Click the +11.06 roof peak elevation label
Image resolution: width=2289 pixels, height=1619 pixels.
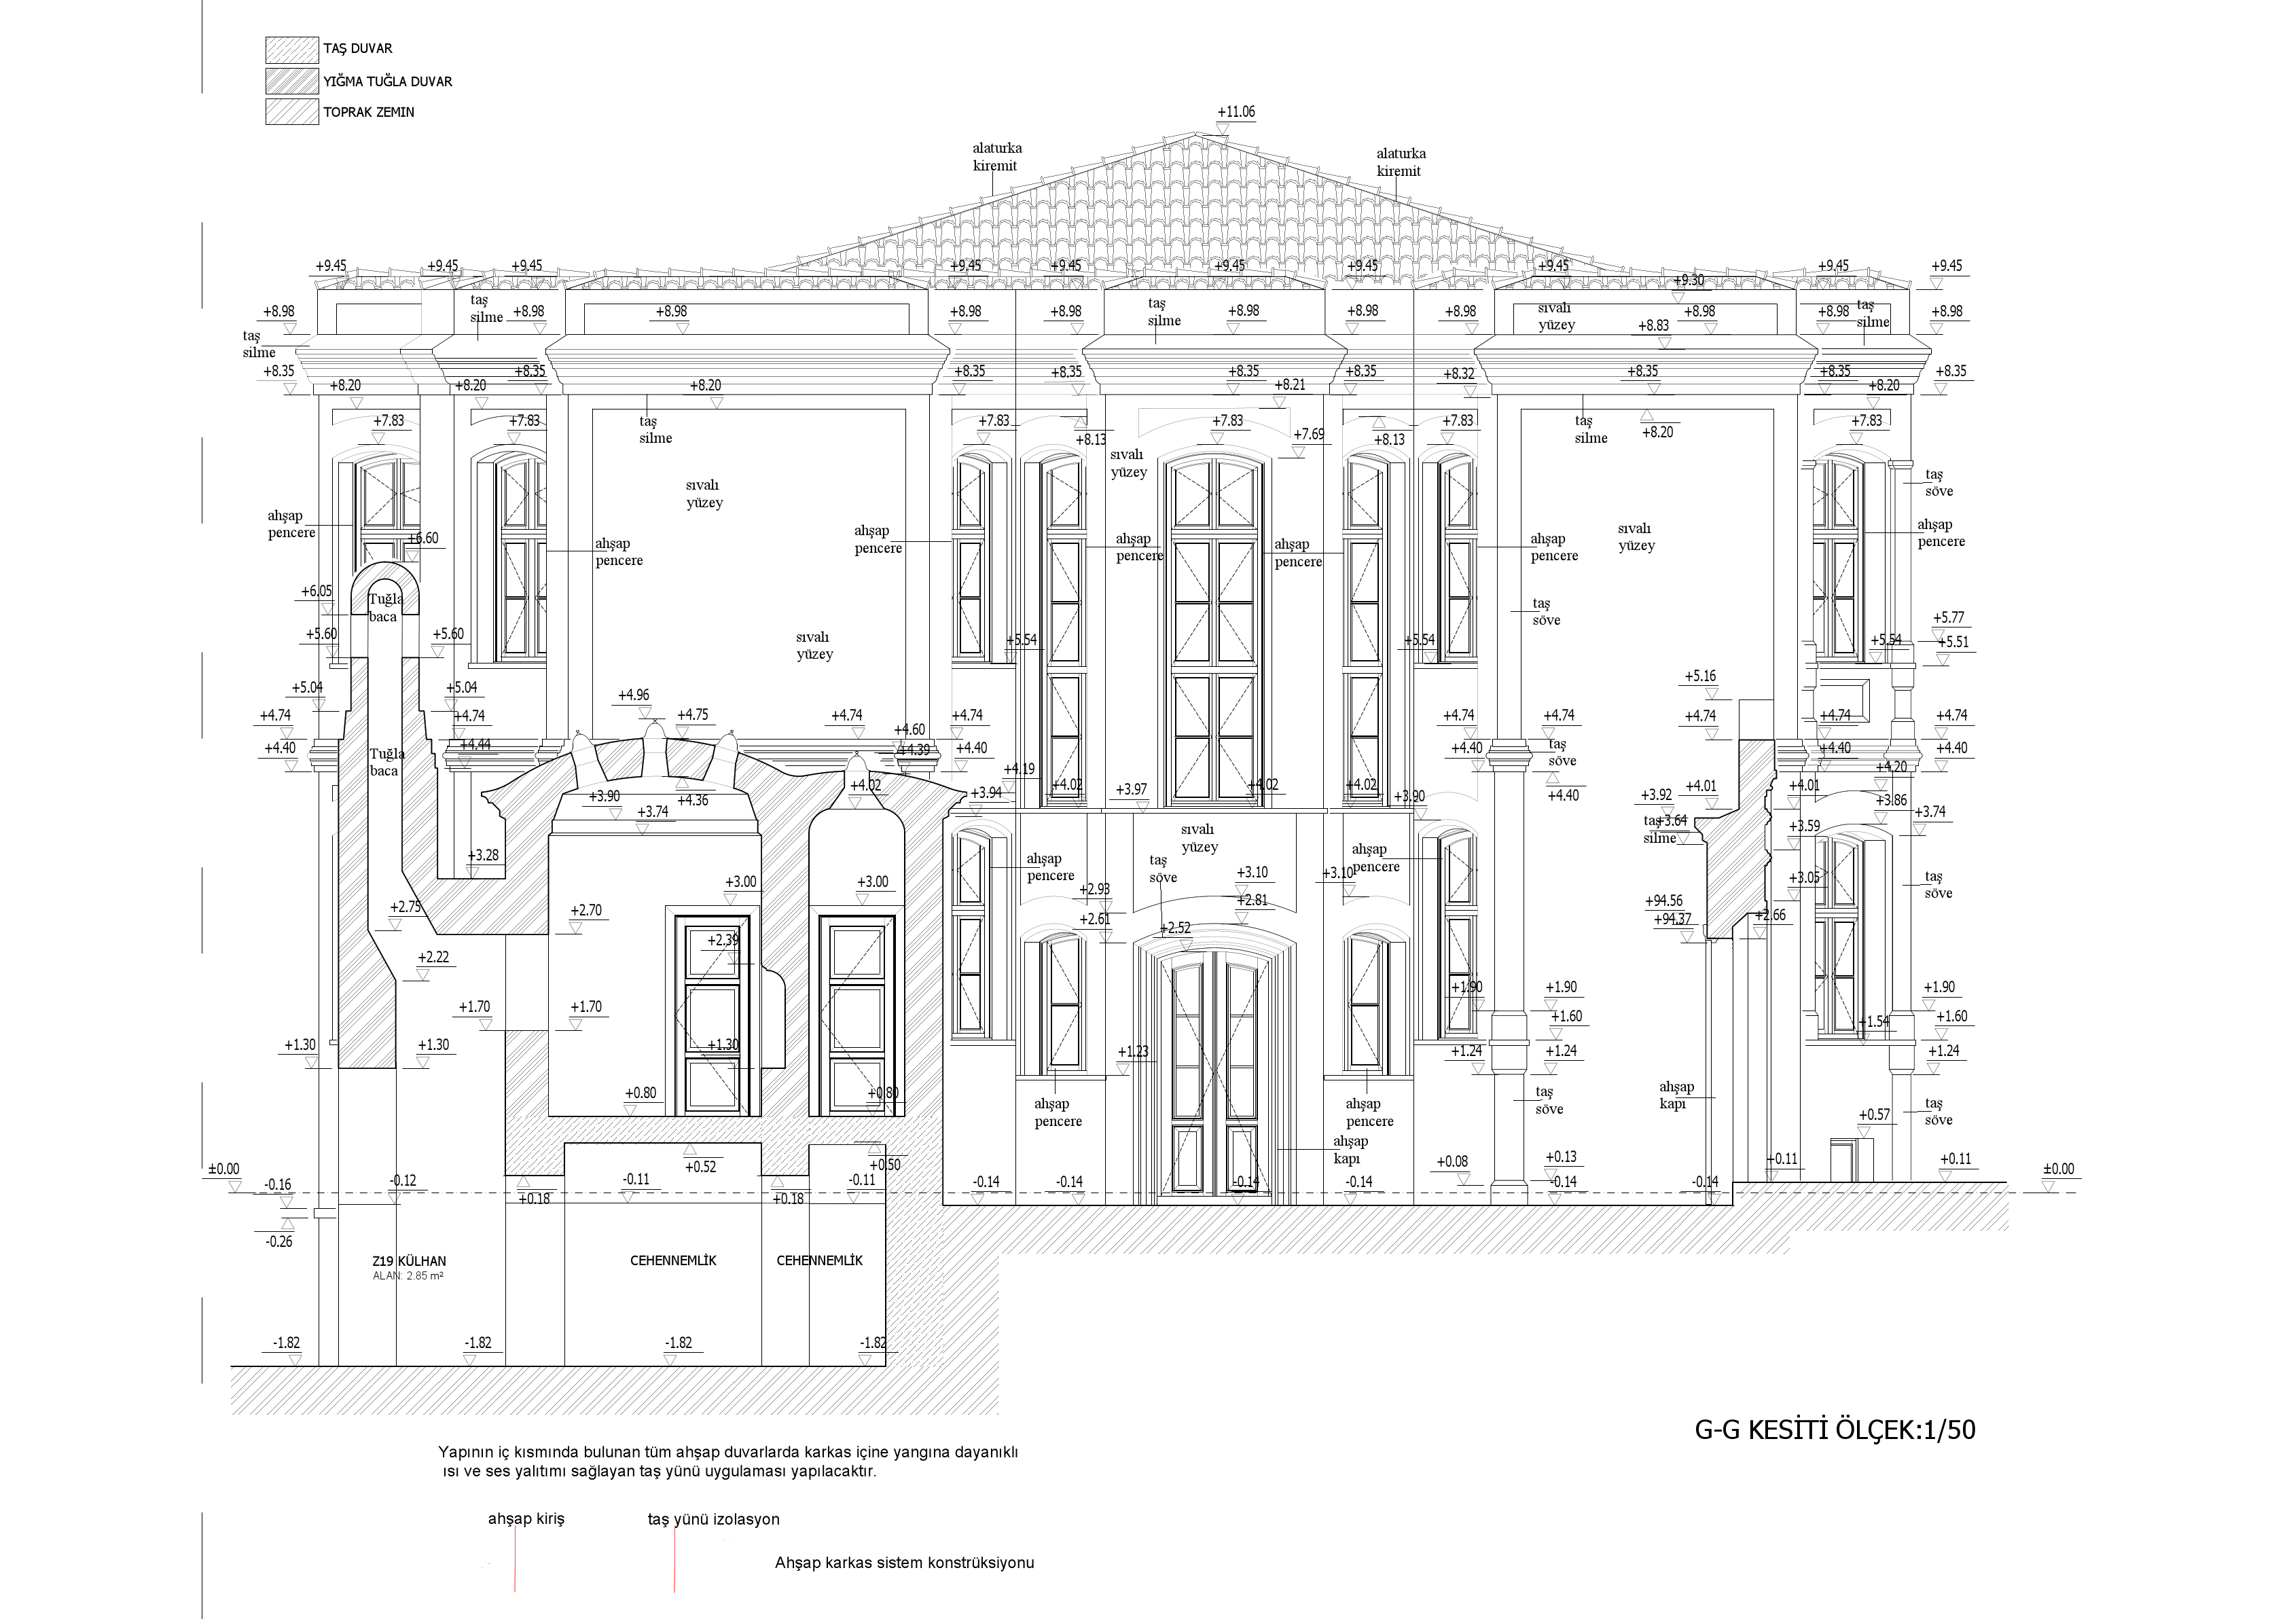point(1236,111)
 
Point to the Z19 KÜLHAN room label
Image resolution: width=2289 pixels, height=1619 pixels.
point(409,1261)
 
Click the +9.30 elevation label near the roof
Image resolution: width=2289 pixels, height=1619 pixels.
point(1688,280)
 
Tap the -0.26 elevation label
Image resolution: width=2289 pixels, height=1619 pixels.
point(279,1242)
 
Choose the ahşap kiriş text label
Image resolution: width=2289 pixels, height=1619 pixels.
point(526,1519)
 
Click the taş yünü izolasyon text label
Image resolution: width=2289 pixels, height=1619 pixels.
point(713,1519)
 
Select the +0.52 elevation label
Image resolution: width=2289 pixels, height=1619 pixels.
point(701,1167)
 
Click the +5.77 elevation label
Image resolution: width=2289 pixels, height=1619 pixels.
point(1948,618)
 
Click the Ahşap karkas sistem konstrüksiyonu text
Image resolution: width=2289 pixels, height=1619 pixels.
point(904,1562)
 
